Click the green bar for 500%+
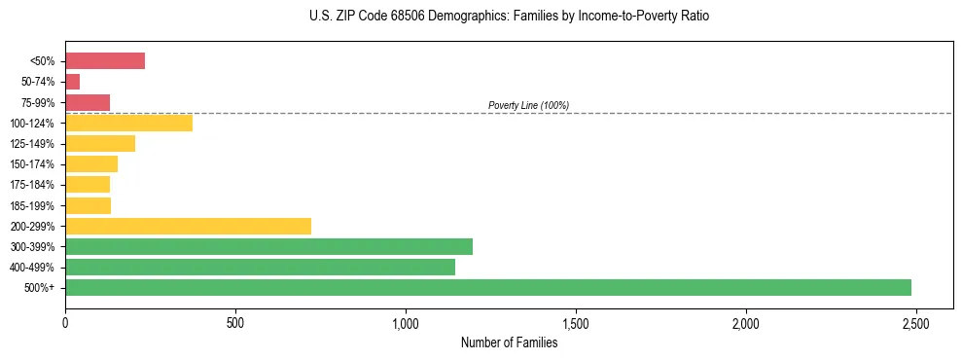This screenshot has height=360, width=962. (x=487, y=287)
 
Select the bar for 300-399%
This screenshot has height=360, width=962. (x=268, y=246)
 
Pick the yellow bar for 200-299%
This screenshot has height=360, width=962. (x=188, y=226)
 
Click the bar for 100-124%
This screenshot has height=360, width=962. (x=128, y=123)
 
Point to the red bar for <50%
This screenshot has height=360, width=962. (x=105, y=61)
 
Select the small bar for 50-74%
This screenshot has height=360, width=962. (x=73, y=82)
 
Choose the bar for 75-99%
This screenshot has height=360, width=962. (x=88, y=102)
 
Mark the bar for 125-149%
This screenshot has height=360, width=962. (x=100, y=143)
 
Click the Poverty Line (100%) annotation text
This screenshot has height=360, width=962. (x=528, y=105)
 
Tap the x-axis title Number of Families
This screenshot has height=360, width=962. (x=509, y=342)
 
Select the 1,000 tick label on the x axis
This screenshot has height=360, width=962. (x=406, y=322)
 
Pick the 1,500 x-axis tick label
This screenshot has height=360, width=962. (x=576, y=322)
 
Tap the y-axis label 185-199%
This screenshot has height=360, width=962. (x=32, y=205)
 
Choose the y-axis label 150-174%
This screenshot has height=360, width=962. (x=32, y=164)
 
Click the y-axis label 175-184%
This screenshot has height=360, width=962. (x=32, y=185)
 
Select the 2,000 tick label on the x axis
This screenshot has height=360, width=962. (x=745, y=322)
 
